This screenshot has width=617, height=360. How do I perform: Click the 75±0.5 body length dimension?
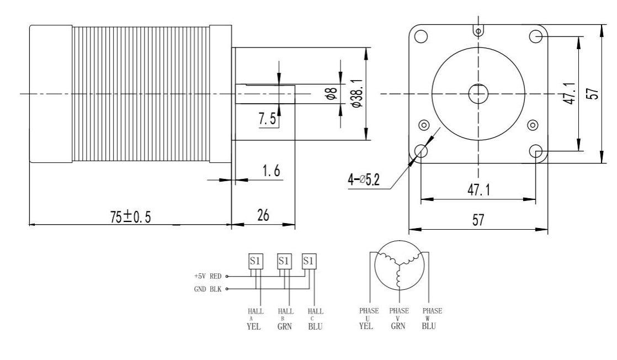131,217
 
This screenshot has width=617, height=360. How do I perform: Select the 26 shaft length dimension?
263,216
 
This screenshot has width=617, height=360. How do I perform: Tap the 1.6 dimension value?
270,171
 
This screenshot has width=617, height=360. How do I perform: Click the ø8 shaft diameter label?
331,94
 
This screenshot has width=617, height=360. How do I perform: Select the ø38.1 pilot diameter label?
358,94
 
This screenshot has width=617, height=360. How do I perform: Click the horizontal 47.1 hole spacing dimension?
478,190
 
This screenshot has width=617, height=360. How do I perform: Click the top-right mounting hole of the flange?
535,36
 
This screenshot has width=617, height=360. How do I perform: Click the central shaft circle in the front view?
478,94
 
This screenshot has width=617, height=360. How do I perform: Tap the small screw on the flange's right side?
533,124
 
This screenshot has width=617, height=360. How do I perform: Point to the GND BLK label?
207,288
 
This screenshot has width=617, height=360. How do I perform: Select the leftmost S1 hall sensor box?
256,260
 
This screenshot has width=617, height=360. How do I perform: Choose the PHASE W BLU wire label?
428,319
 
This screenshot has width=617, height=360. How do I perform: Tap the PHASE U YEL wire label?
366,319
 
